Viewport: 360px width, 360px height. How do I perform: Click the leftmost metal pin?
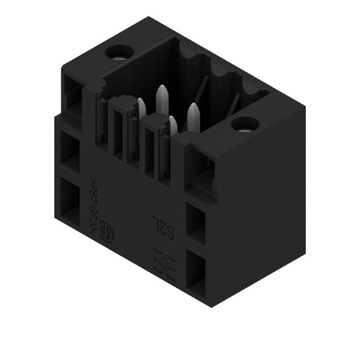[x=141, y=107]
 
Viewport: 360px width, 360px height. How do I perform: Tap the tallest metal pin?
[x=162, y=101]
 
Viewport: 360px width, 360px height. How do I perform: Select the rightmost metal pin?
[x=193, y=118]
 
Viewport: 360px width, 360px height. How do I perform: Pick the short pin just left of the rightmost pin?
[x=173, y=125]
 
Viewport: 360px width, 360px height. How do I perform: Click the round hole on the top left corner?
[x=121, y=51]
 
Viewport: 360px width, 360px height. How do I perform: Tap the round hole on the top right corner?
[x=244, y=124]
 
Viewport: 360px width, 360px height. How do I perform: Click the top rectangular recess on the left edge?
[x=74, y=96]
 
